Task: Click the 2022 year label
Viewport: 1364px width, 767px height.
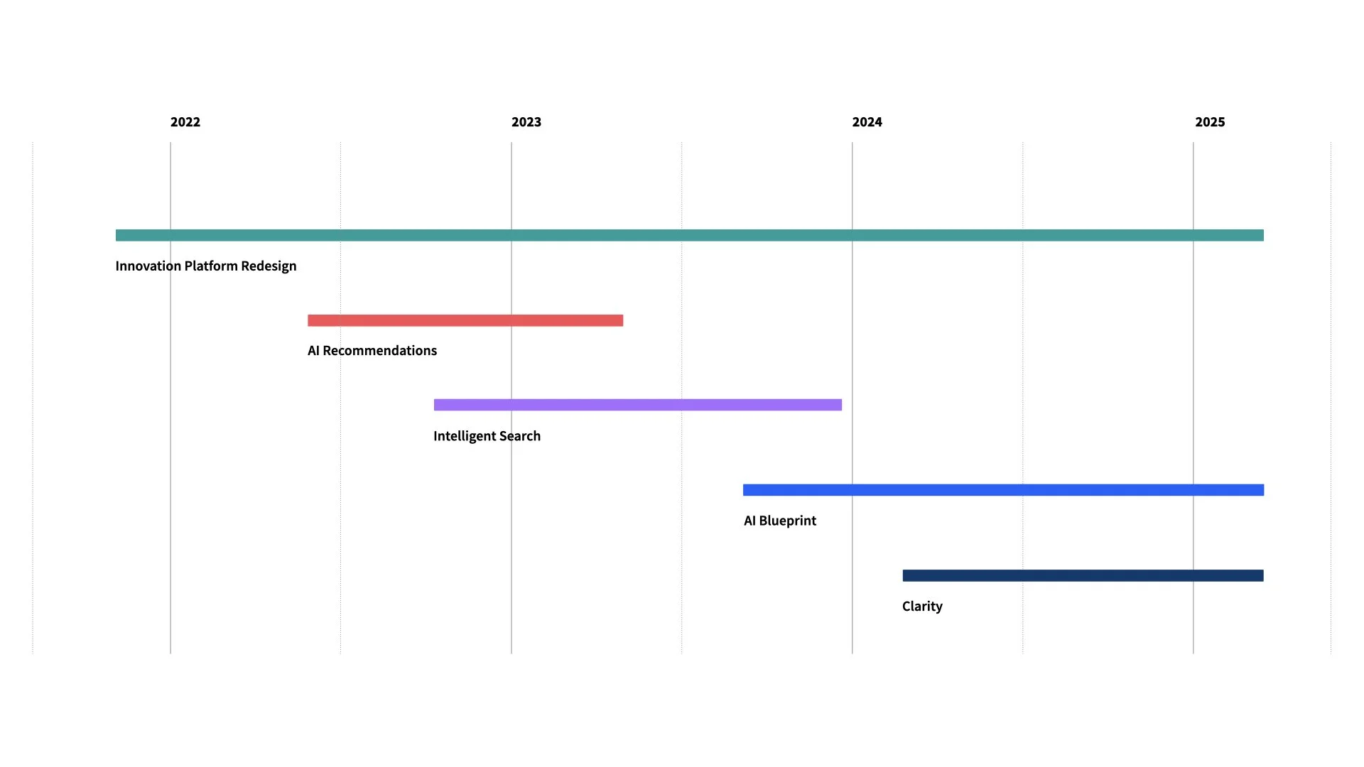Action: [185, 122]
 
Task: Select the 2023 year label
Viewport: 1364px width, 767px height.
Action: [526, 122]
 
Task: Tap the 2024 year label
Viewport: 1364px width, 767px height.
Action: [867, 122]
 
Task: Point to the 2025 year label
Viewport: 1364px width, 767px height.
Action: [1210, 122]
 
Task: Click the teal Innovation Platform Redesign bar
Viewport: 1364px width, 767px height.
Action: [689, 235]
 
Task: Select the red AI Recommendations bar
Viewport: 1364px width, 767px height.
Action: [465, 320]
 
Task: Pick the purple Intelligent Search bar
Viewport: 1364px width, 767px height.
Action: [637, 405]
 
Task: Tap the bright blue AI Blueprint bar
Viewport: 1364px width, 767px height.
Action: [1003, 490]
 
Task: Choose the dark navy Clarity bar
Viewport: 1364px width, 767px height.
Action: [1083, 575]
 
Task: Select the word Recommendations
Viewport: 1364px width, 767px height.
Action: [379, 351]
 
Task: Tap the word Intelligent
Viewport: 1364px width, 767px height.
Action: [459, 436]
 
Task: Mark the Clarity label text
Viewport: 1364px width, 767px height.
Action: [922, 606]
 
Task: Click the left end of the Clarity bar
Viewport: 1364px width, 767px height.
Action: [905, 575]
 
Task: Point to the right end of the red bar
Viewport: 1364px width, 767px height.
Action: [621, 320]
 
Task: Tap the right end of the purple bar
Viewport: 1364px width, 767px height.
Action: [840, 405]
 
